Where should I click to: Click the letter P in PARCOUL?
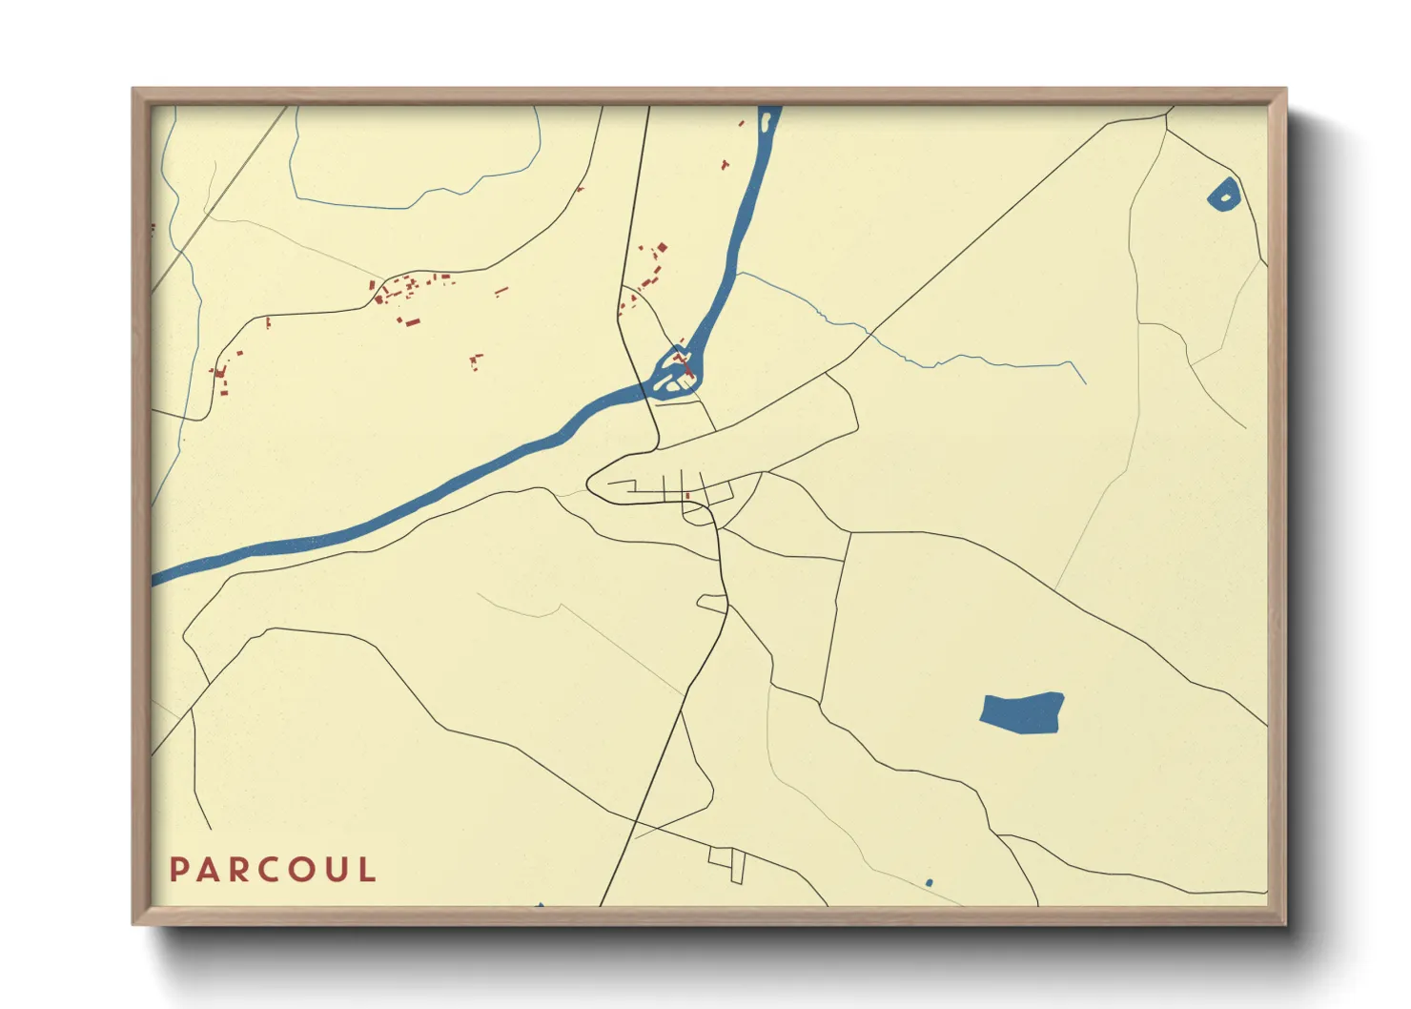[178, 870]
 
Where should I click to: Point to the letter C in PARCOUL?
[268, 870]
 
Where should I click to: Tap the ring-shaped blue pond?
[1224, 195]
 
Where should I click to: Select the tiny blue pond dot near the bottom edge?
[929, 883]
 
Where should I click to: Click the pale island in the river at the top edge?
[765, 121]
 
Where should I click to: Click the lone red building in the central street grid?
[687, 495]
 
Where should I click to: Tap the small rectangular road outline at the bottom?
[727, 862]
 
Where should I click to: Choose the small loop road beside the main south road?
[712, 603]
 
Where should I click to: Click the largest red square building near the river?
[663, 248]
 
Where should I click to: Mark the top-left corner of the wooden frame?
[133, 90]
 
